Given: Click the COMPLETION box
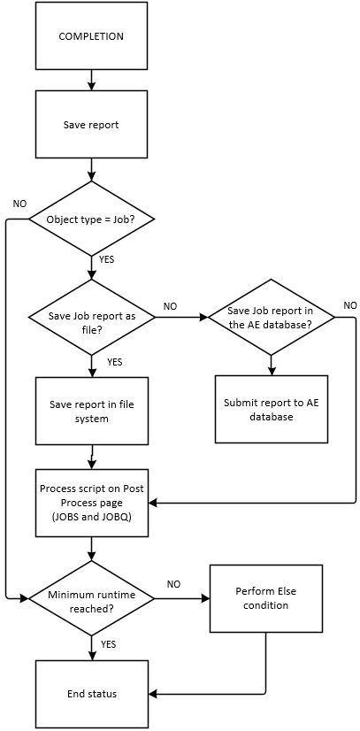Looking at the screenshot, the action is pos(91,36).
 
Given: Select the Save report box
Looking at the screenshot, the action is pos(91,125).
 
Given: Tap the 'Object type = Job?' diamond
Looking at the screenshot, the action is pos(92,219).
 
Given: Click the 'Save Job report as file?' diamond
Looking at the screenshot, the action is pos(92,317).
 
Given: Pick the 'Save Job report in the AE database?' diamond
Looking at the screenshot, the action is pos(271,317).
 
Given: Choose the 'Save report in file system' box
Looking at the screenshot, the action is pos(92,411).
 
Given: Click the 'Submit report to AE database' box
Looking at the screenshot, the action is pos(271,409).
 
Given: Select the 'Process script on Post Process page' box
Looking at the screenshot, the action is pos(92,503).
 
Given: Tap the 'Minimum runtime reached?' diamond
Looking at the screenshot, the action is pos(92,597).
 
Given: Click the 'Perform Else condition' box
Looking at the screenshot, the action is pos(266,598).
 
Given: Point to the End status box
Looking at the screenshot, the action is pos(92,694).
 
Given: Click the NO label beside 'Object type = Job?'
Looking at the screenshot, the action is pos(19,204).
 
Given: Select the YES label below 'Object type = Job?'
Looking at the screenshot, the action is pos(107,259).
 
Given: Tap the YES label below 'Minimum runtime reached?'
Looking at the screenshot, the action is pos(109,644).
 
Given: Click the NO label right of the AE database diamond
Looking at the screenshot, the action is pos(350,305).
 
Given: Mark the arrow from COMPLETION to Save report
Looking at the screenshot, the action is pos(91,81).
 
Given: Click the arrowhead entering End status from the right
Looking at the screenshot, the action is pos(153,694).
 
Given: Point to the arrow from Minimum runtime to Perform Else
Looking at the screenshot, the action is pos(182,597).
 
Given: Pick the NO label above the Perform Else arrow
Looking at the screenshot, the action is pos(173,584).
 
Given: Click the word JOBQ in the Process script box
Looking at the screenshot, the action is pos(119,517).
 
